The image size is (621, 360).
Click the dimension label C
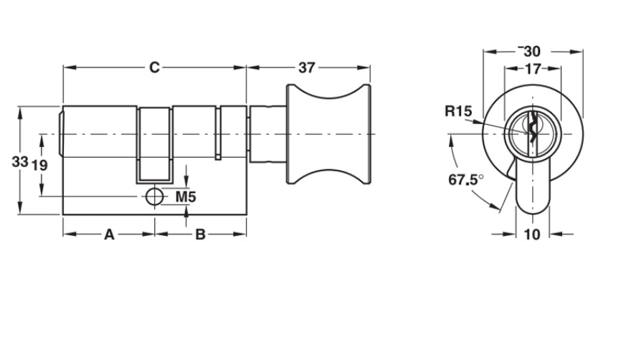[154, 67]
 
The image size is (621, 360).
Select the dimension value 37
[307, 67]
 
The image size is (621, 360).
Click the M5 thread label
[186, 196]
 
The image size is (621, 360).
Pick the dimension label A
[109, 234]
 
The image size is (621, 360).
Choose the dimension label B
[201, 234]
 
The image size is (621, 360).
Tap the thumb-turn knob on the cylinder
[330, 134]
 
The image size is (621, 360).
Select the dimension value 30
[531, 52]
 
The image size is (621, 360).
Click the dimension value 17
[532, 70]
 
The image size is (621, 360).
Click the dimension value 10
[531, 234]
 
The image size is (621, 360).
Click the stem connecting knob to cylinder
[269, 134]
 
